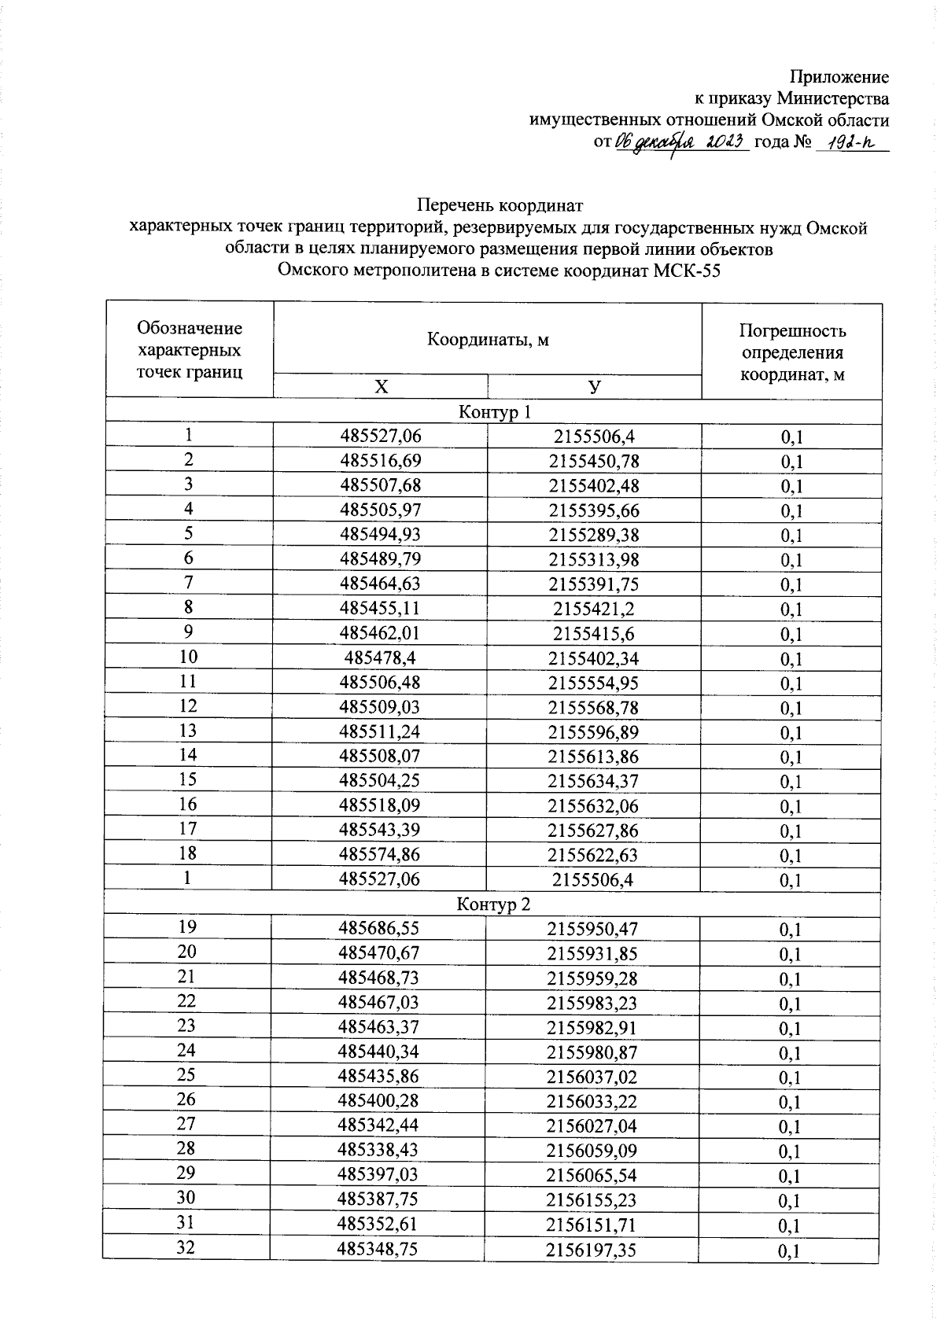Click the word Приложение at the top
point(839,77)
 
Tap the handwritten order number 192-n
point(853,142)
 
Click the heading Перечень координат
point(500,206)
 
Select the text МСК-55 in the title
point(688,271)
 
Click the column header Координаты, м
point(488,340)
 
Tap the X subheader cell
point(381,387)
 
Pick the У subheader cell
point(595,387)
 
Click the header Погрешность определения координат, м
point(791,352)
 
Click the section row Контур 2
point(494,904)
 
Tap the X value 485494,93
point(380,535)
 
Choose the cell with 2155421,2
point(594,609)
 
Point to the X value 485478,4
point(380,658)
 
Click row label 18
point(188,854)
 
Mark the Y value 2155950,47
point(593,930)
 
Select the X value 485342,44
point(379,1126)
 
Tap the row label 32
point(186,1249)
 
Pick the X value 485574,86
point(379,855)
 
